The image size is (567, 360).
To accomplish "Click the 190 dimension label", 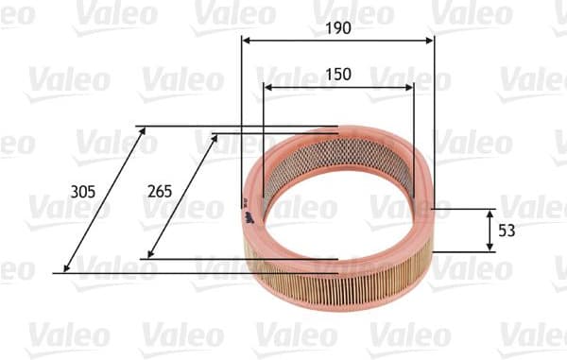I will pos(338,28).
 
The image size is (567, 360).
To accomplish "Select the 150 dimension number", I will pos(338,74).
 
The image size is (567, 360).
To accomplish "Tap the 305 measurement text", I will pos(83,191).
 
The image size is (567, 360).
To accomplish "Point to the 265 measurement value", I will pos(160,191).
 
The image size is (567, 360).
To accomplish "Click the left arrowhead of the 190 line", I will pos(247,41).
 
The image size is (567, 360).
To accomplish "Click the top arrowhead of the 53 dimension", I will pos(490,214).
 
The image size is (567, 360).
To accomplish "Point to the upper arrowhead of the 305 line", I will pos(144,131).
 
